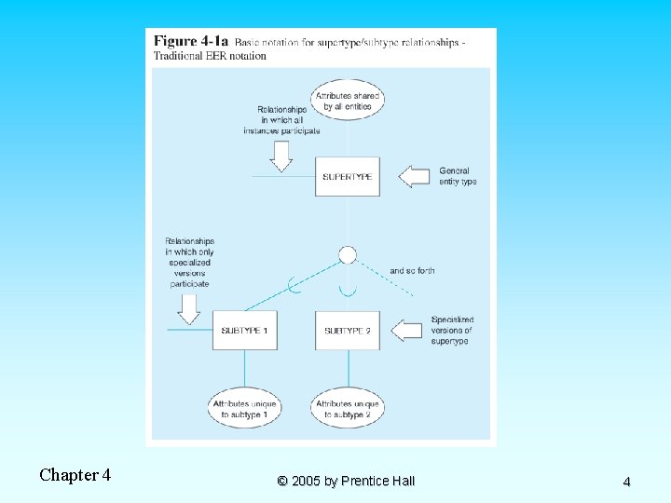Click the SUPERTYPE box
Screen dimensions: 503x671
(x=348, y=176)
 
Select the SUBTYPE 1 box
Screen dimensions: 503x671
(x=244, y=331)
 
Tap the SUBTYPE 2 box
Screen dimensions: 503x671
(x=348, y=331)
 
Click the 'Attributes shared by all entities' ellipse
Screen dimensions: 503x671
(x=348, y=101)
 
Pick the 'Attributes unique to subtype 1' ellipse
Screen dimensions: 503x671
(x=244, y=409)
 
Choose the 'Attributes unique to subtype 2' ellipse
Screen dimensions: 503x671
(x=348, y=409)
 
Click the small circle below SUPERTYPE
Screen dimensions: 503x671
(x=348, y=254)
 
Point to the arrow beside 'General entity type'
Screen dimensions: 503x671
(x=414, y=176)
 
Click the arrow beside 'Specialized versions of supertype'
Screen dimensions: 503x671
(x=407, y=330)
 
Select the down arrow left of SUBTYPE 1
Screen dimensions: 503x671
(x=190, y=308)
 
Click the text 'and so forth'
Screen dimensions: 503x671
(x=412, y=271)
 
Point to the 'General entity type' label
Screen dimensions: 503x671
(x=458, y=176)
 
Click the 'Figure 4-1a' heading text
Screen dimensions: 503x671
(x=191, y=42)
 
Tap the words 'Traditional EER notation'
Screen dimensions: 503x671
(x=210, y=56)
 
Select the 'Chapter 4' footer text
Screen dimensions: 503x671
(x=75, y=475)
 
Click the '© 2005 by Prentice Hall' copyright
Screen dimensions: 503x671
(x=346, y=481)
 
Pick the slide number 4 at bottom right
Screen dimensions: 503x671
(x=626, y=482)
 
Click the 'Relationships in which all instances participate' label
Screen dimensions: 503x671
(x=281, y=120)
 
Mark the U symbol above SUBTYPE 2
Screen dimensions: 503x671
(x=348, y=291)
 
